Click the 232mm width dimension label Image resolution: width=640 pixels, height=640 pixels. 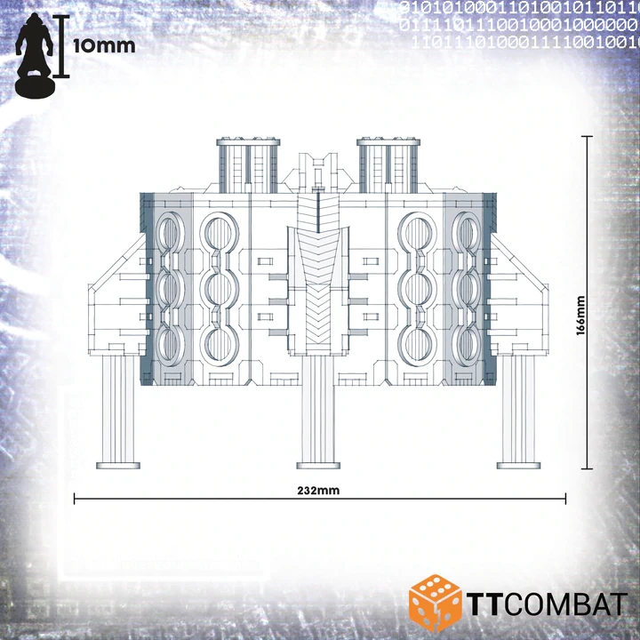(x=318, y=490)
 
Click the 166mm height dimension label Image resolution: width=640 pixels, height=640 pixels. (x=580, y=316)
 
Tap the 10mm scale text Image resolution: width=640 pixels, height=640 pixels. (x=104, y=46)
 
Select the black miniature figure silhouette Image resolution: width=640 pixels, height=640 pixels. (x=35, y=55)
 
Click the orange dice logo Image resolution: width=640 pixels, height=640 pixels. (x=435, y=601)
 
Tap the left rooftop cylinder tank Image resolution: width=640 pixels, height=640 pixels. (x=248, y=165)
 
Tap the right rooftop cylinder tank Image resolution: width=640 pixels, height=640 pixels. (x=388, y=165)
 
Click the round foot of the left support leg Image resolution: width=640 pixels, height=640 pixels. (x=118, y=466)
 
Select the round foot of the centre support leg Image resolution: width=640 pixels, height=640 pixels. (x=318, y=466)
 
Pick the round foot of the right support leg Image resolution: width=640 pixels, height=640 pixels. (x=518, y=466)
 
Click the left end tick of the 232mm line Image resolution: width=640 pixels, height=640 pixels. (x=75, y=499)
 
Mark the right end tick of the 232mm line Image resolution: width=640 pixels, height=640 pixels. (x=565, y=499)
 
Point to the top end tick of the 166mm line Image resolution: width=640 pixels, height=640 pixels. (x=587, y=137)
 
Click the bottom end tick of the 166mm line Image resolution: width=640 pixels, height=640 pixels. (x=587, y=469)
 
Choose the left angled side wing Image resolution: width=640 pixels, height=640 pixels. (x=117, y=295)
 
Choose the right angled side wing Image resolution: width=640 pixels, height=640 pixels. (x=519, y=295)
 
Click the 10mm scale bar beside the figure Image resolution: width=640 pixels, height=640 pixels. (x=61, y=45)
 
